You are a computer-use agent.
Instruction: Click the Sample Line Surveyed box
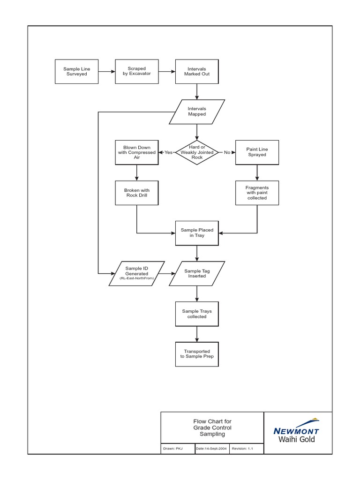coord(77,72)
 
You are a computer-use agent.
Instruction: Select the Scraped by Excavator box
coord(137,71)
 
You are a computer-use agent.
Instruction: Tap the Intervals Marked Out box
coord(197,71)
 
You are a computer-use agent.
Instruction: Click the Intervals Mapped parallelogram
coord(197,112)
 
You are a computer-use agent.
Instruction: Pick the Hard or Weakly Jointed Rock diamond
coord(197,152)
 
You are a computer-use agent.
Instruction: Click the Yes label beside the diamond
coord(168,152)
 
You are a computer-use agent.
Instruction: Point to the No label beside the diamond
coord(227,152)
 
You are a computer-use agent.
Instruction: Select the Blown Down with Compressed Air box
coord(137,152)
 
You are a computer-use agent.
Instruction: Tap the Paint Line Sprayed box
coord(257,152)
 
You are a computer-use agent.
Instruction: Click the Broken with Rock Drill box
coord(137,193)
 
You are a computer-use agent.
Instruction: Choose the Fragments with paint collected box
coord(257,193)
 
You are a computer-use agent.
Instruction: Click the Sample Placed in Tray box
coord(197,233)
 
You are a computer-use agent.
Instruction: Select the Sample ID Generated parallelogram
coord(137,273)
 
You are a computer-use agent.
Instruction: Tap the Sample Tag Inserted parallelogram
coord(197,273)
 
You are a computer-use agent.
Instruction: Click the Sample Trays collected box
coord(197,314)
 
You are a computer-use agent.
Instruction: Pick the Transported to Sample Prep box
coord(197,354)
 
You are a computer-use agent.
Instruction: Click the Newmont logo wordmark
coord(296,431)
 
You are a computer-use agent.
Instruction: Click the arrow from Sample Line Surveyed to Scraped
coord(107,72)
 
